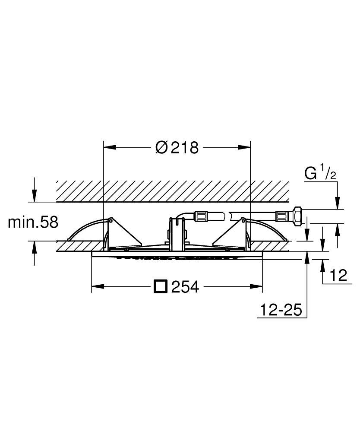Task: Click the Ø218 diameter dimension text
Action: click(177, 148)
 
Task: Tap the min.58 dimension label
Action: click(33, 222)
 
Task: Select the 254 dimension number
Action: click(185, 287)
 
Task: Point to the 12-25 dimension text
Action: click(281, 310)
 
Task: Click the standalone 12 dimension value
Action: click(338, 275)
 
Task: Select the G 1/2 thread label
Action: click(320, 174)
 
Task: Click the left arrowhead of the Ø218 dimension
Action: click(110, 148)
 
